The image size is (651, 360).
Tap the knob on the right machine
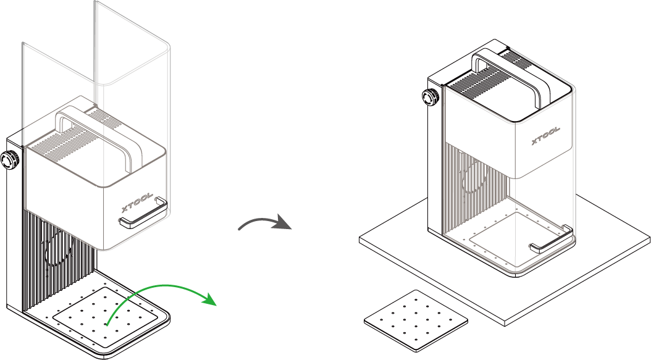pyautogui.click(x=428, y=98)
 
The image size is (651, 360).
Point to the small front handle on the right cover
pyautogui.click(x=550, y=241)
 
